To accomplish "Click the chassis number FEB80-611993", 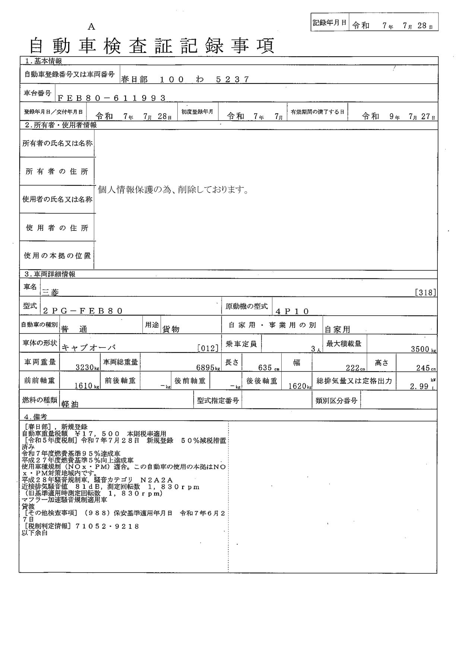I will tap(112, 98).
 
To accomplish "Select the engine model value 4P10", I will tap(292, 311).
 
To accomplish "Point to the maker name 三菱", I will tap(51, 293).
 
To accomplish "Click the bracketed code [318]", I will tap(425, 293).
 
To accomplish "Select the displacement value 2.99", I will tap(419, 386).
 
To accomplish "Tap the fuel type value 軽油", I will tap(70, 404).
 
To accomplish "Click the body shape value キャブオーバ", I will tap(89, 348).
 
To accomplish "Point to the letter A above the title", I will tap(91, 27).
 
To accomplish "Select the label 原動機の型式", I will tap(247, 306).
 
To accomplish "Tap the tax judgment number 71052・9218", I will tap(107, 526).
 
